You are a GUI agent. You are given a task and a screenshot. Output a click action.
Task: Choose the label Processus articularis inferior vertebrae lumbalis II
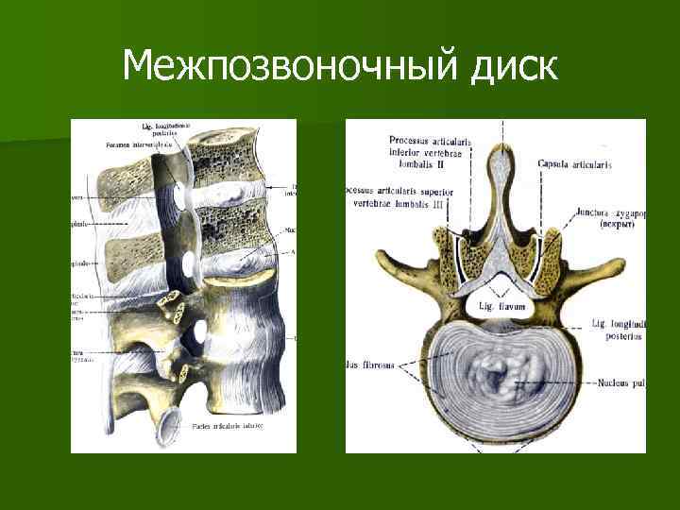point(430,155)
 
